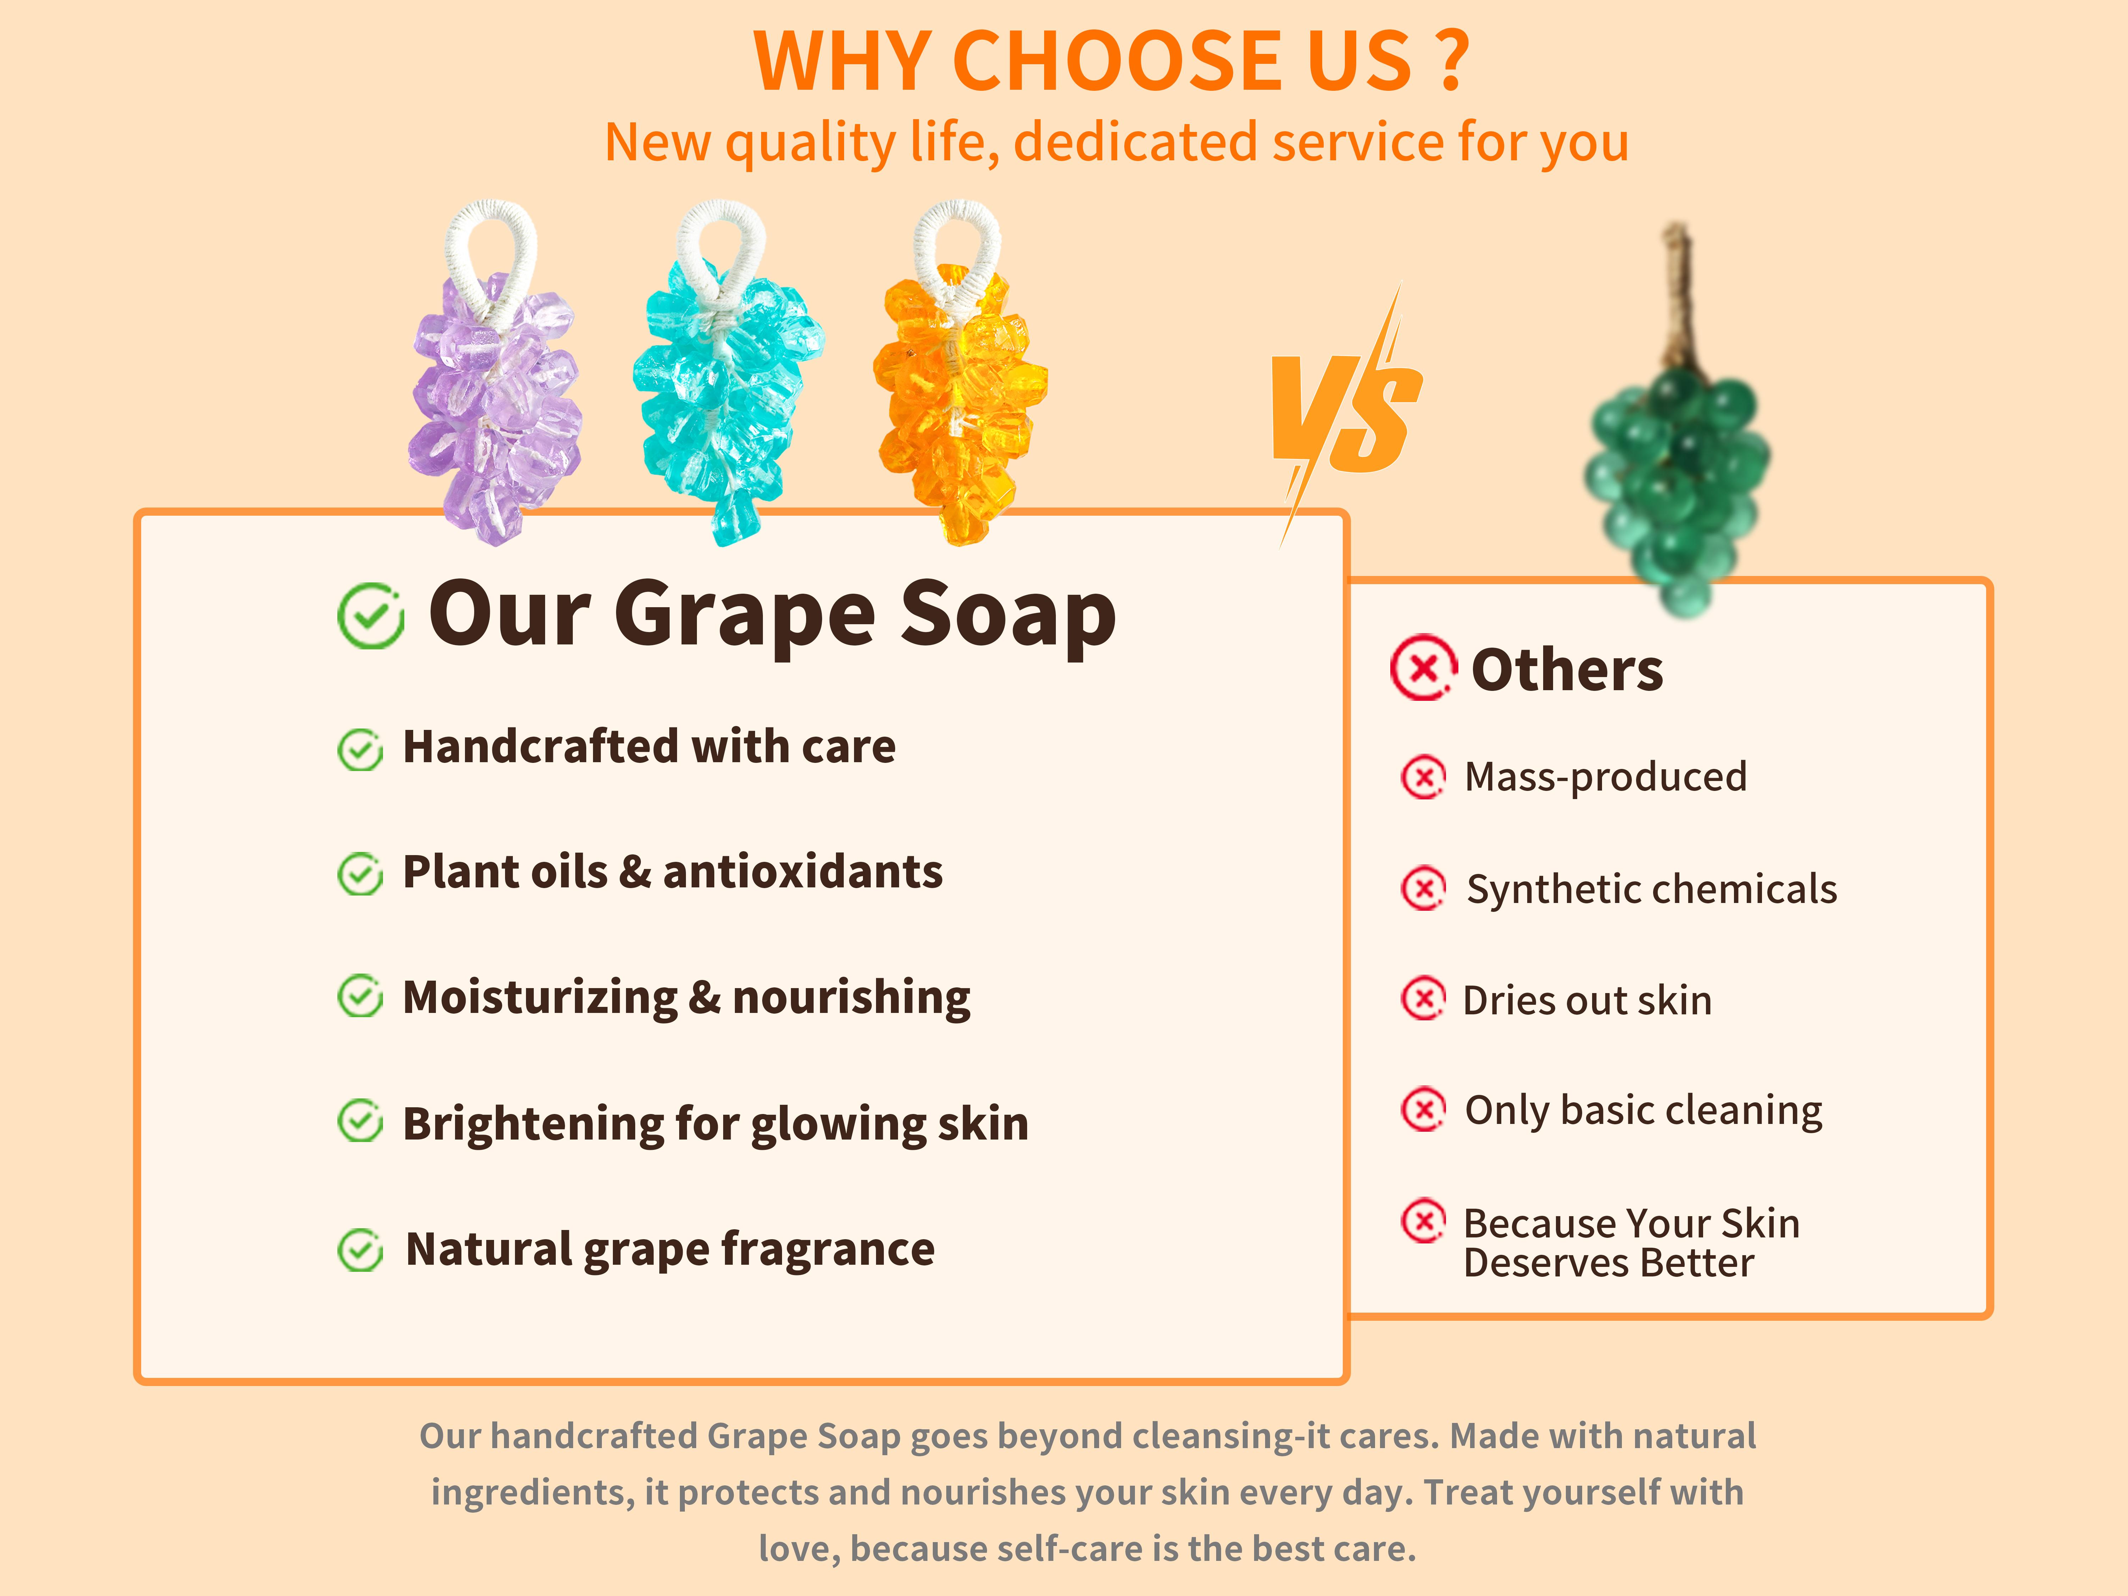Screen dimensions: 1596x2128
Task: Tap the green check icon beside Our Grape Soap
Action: (x=370, y=616)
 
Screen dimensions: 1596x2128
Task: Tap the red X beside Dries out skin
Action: (x=1423, y=999)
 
